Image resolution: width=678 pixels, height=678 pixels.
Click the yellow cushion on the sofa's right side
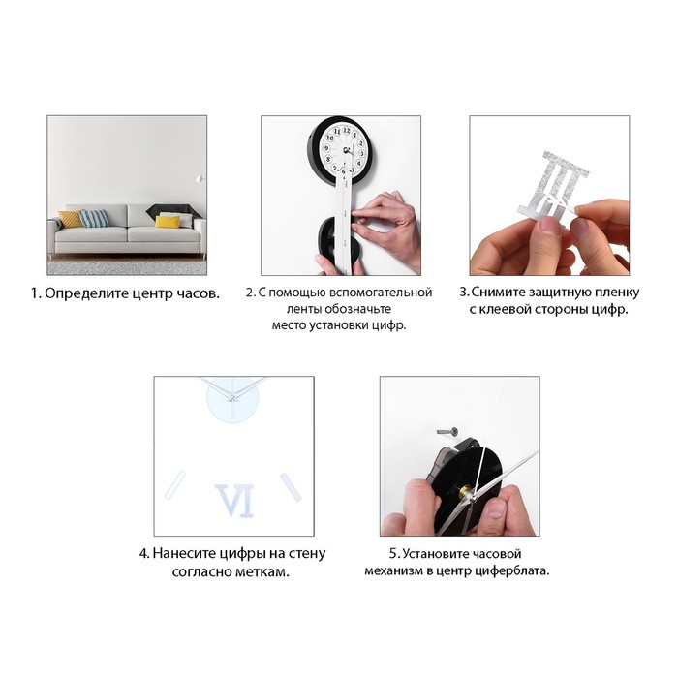[x=168, y=222]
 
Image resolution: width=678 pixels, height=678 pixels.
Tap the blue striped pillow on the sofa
[x=94, y=218]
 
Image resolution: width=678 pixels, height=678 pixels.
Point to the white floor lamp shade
[x=200, y=178]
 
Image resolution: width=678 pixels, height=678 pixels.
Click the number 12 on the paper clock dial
[x=347, y=130]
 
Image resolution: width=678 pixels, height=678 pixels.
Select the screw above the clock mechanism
[x=447, y=431]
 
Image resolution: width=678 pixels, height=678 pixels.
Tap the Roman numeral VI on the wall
[x=234, y=501]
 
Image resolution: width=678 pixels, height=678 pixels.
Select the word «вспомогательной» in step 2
[x=381, y=293]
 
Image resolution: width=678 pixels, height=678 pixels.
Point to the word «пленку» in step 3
[x=617, y=293]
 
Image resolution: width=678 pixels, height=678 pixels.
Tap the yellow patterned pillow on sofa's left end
[x=71, y=219]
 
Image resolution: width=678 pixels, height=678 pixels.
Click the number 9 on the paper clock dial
[x=327, y=148]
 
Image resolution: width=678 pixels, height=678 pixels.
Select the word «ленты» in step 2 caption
[x=303, y=309]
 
